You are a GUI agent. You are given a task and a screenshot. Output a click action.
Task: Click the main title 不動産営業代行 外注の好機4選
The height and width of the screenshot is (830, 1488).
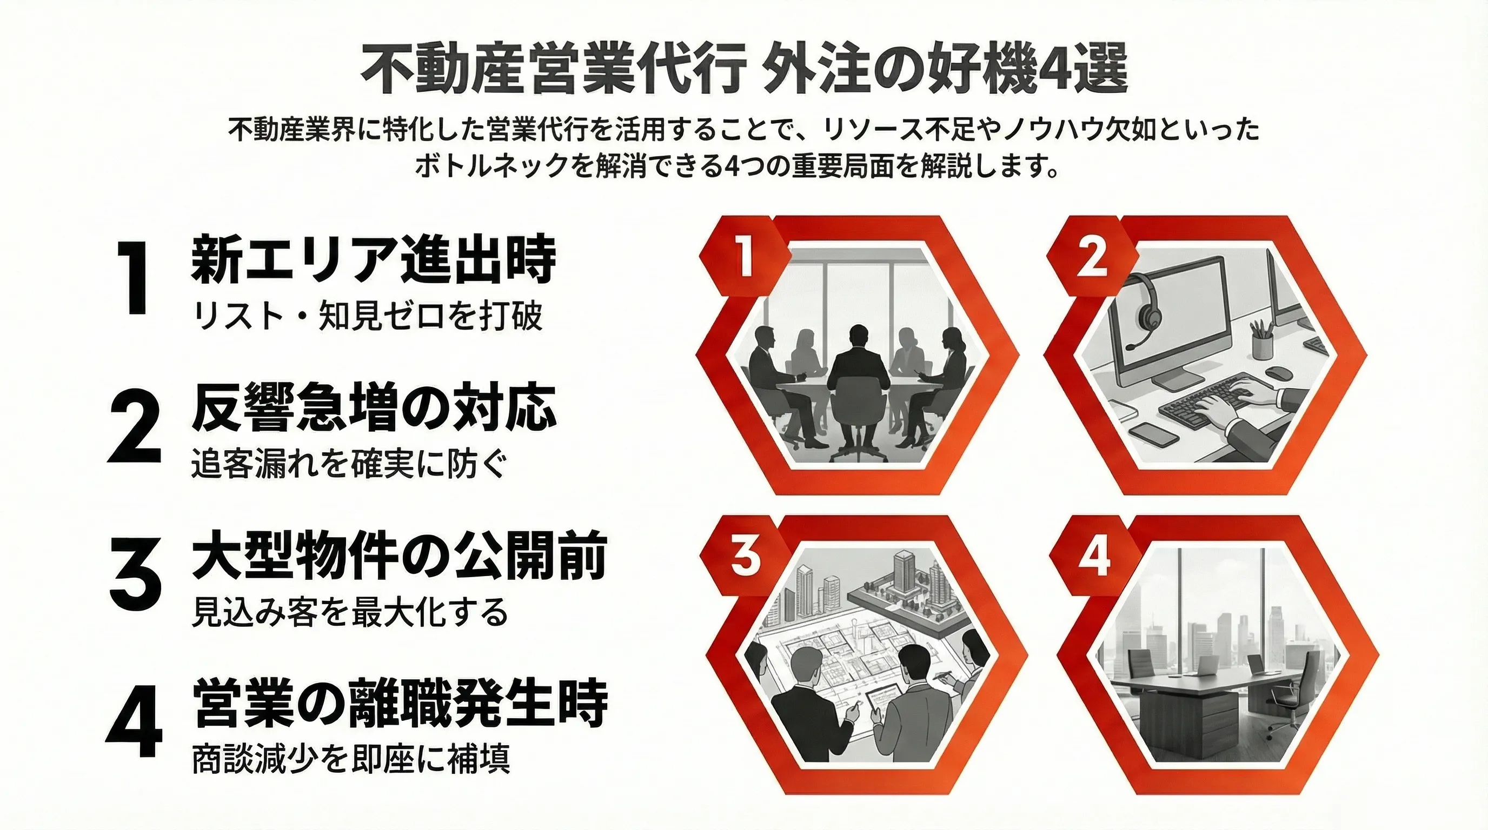744,73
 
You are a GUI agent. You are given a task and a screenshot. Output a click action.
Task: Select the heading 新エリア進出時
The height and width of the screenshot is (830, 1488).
373,260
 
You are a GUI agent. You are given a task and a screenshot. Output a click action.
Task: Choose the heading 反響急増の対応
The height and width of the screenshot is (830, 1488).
373,409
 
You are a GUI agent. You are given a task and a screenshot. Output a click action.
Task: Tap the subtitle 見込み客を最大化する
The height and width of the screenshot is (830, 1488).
350,612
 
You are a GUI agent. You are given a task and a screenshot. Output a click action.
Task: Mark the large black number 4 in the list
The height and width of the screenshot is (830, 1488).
134,722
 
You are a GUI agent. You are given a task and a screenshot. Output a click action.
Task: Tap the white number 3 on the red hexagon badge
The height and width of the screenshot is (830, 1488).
745,558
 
